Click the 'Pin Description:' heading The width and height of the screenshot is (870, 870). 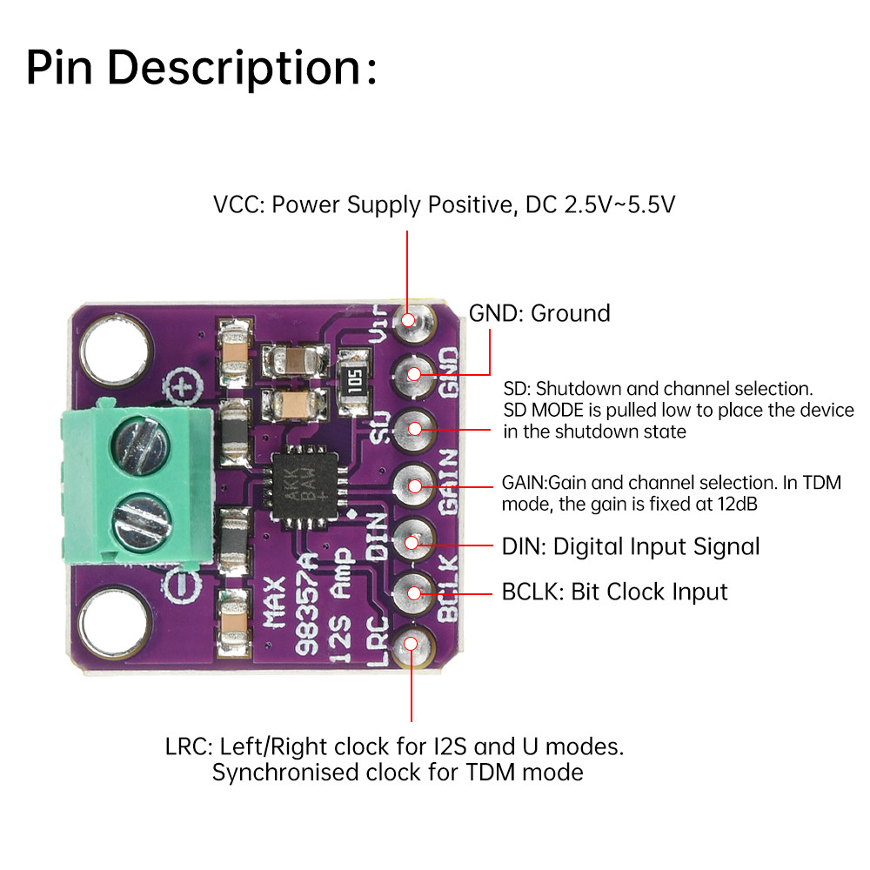(202, 68)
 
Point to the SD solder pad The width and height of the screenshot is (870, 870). (414, 430)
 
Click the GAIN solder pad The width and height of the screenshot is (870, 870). (414, 486)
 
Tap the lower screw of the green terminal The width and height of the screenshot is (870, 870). (141, 524)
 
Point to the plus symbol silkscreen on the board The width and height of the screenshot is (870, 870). (183, 386)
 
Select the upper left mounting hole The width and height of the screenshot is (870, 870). (116, 351)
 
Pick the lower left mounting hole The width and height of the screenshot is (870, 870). (115, 623)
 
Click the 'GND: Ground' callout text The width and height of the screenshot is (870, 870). (539, 313)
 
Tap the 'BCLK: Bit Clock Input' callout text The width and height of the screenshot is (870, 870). (614, 592)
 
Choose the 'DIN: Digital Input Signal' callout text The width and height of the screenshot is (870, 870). (630, 547)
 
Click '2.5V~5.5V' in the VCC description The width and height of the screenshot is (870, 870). (619, 204)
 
